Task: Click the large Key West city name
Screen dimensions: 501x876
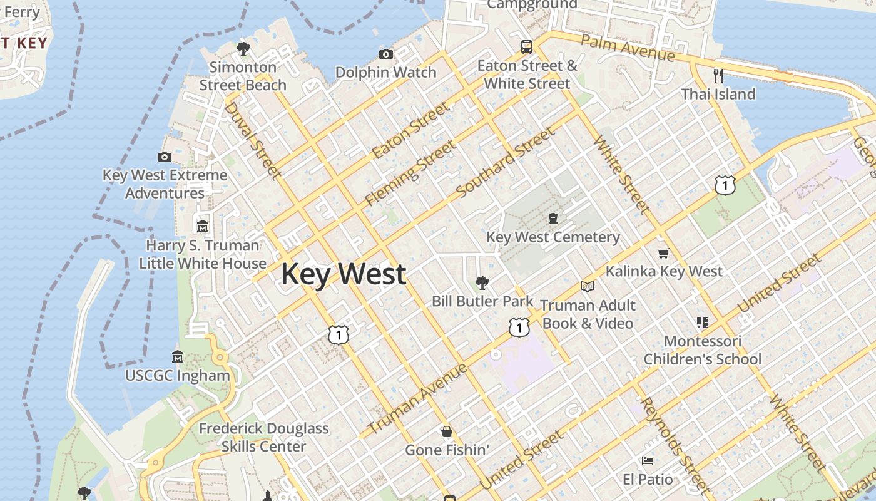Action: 344,274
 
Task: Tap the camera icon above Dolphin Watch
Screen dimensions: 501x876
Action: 386,54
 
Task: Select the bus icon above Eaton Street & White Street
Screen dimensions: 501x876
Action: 527,46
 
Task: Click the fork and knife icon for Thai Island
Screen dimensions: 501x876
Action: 718,76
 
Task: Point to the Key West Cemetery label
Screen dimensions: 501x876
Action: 553,237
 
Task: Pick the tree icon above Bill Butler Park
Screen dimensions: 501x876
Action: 482,283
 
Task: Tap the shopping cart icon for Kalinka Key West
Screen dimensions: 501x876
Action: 663,253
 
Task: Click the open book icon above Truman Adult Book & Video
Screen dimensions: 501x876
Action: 587,286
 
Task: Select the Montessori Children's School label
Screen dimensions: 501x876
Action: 702,350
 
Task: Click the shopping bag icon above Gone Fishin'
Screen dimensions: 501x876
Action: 447,431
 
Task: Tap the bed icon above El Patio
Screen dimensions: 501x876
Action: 648,461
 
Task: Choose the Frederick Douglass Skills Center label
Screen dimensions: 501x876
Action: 263,438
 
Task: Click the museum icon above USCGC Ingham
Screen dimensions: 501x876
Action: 178,356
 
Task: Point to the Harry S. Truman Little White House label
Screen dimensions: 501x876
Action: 203,254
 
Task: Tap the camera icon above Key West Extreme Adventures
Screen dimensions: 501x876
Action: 165,157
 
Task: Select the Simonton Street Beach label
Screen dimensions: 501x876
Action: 243,76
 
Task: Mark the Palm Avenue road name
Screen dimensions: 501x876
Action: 628,48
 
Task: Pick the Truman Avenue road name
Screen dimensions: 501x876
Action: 417,399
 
